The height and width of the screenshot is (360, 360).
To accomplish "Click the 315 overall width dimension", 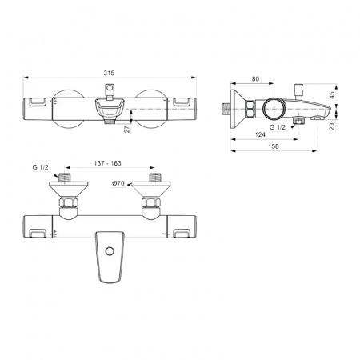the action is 109,73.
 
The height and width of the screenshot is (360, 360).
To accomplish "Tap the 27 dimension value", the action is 128,129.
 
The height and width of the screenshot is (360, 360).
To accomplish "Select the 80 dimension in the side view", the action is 255,79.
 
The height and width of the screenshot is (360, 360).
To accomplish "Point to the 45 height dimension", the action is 332,95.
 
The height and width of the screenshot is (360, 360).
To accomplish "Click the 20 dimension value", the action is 332,126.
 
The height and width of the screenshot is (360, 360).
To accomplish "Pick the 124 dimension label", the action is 260,134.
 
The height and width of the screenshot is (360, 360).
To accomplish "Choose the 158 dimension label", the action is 274,146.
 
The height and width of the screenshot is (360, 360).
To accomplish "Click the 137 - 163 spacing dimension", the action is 107,163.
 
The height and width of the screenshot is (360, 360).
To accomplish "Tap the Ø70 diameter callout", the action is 118,183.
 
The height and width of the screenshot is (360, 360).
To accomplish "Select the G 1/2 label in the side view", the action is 278,127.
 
